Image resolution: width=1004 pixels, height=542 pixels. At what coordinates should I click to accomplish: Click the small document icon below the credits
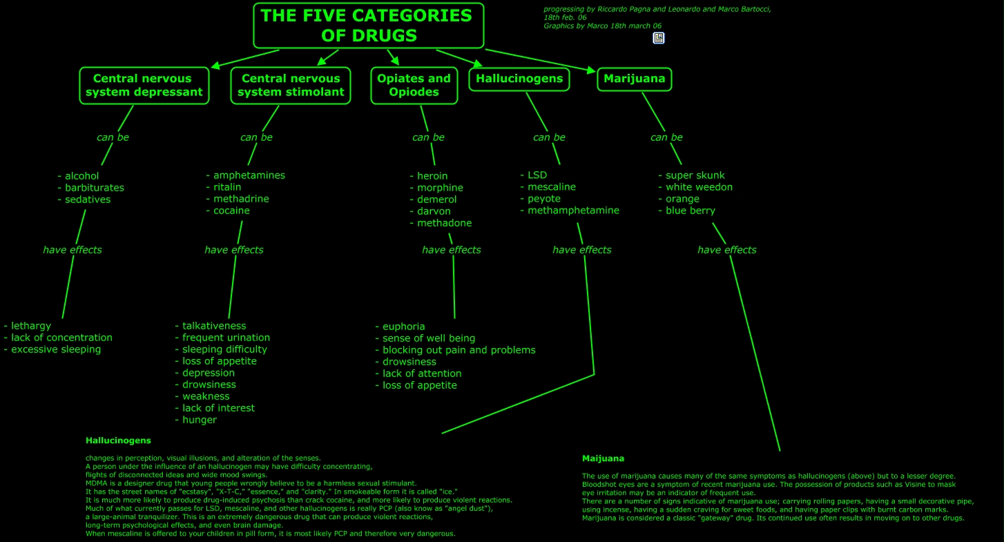(659, 38)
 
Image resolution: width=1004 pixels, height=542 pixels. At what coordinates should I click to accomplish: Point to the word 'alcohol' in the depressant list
(81, 176)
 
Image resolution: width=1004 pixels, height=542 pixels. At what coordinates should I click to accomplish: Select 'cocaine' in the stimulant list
(231, 211)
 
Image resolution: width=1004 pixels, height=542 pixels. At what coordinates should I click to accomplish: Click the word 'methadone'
(444, 223)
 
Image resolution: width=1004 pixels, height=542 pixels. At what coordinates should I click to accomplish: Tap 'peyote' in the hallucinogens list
(543, 199)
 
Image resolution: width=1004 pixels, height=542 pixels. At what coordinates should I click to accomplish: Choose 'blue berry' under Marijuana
(691, 211)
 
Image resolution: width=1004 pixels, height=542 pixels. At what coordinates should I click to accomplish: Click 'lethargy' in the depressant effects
(31, 327)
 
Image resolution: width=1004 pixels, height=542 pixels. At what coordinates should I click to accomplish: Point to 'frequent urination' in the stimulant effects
(226, 338)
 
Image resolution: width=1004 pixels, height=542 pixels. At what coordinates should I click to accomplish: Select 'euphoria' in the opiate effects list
(403, 327)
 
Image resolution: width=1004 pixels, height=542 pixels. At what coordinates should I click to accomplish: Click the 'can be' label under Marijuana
(666, 137)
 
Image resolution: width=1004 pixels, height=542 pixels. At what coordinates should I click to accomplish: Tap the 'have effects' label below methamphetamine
(582, 250)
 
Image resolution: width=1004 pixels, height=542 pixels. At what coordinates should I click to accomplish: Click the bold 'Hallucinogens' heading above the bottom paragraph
(118, 441)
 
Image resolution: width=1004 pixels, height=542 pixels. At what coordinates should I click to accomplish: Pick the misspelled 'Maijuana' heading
(603, 458)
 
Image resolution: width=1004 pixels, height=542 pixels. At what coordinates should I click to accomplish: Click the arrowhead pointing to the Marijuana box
(592, 70)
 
